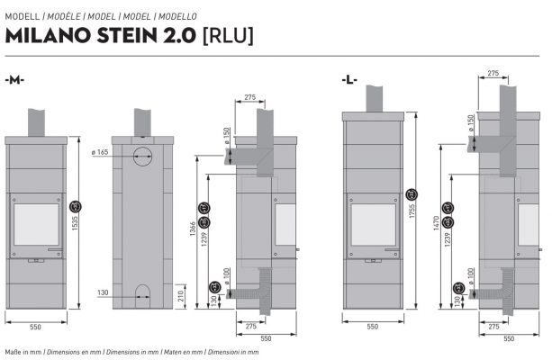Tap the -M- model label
tap(14, 79)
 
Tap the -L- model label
tap(350, 79)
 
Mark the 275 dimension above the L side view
tap(493, 74)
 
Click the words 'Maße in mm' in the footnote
tap(22, 351)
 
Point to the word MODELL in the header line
tap(22, 16)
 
